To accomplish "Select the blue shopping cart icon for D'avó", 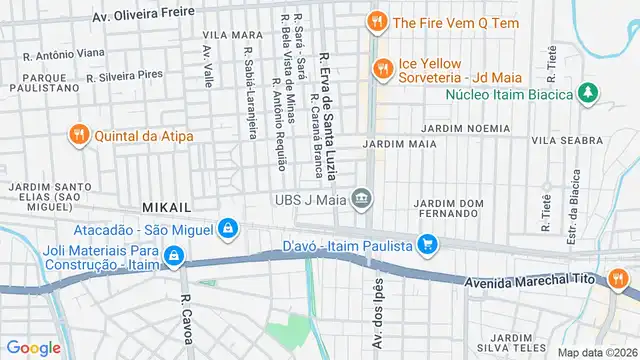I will (x=428, y=244).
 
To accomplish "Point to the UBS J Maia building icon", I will (x=361, y=200).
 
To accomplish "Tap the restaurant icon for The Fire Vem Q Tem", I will (x=376, y=21).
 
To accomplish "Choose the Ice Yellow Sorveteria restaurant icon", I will (x=381, y=68).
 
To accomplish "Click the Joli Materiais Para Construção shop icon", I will (x=175, y=257).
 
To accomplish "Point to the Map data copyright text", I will (x=596, y=352).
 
